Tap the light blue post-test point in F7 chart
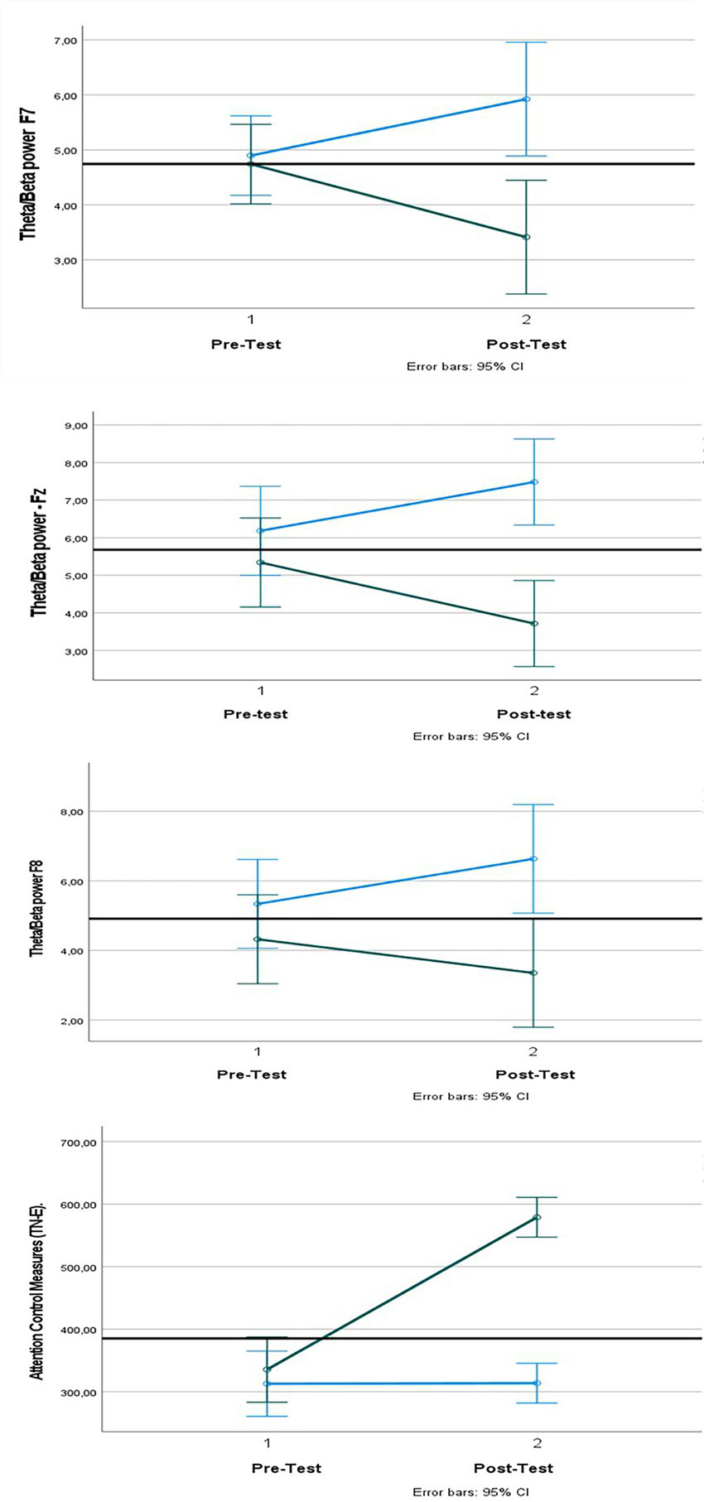click(526, 99)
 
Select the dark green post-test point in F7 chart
click(527, 237)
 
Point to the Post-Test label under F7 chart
click(526, 345)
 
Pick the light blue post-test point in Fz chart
click(534, 481)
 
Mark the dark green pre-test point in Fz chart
click(261, 563)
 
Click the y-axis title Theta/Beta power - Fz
click(38, 553)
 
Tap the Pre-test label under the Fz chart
click(255, 714)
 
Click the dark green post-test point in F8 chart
click(533, 973)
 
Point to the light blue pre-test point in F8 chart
click(258, 903)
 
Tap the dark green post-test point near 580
click(538, 1217)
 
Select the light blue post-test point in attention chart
click(538, 1383)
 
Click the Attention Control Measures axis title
click(37, 1296)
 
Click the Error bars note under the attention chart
click(470, 1492)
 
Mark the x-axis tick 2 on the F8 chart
click(533, 1051)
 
